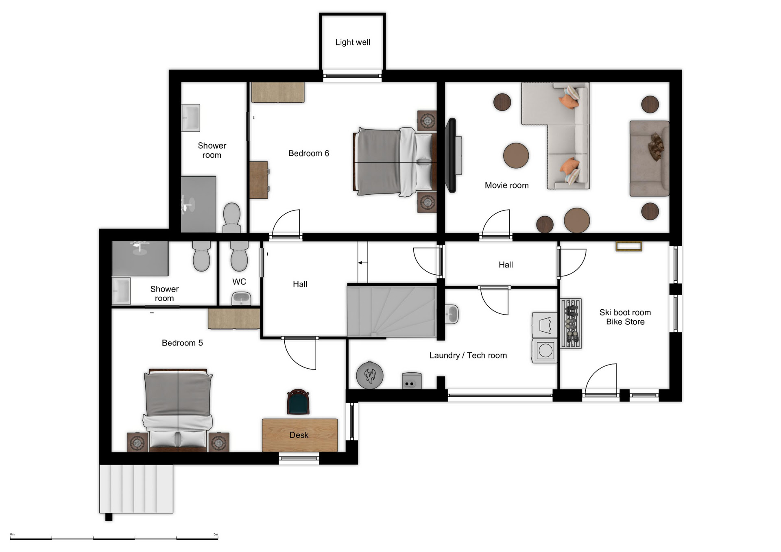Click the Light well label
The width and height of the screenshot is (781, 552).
[x=353, y=42]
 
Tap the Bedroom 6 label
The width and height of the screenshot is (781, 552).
[x=308, y=153]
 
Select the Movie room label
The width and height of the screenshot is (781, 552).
[x=506, y=185]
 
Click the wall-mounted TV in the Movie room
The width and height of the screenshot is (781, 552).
[x=452, y=155]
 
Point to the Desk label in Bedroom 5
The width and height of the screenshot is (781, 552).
[x=299, y=435]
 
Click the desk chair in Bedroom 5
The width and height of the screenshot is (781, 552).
[x=298, y=402]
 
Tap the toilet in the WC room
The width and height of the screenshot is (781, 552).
[x=239, y=256]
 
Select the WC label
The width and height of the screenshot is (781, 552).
[x=239, y=282]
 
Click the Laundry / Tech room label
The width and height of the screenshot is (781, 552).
[x=468, y=355]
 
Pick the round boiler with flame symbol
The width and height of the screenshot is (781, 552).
[x=369, y=375]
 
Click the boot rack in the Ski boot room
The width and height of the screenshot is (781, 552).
[x=571, y=324]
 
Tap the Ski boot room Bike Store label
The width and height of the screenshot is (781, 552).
[x=625, y=317]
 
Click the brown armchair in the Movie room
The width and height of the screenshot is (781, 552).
[x=649, y=159]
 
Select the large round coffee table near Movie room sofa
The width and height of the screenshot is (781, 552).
[x=516, y=155]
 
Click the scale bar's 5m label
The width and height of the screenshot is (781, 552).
[x=216, y=534]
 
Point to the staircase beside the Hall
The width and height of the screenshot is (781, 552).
[x=392, y=311]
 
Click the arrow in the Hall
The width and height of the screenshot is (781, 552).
[x=362, y=263]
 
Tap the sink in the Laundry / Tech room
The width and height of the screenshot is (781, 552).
[x=452, y=314]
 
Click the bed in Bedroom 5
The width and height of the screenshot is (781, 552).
[x=178, y=410]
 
